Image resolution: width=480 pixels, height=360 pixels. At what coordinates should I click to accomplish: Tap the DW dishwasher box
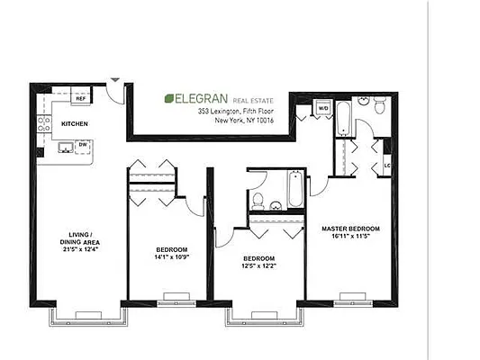[x=82, y=144]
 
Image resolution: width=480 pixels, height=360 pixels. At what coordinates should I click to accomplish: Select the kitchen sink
[x=66, y=146]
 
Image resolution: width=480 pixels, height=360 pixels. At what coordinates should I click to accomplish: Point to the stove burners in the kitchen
[x=42, y=131]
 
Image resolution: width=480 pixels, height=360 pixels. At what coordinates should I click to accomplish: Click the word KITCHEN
[x=74, y=122]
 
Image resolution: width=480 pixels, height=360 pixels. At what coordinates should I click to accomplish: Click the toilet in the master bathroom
[x=380, y=107]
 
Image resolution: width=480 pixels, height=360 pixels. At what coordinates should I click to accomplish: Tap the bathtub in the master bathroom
[x=345, y=120]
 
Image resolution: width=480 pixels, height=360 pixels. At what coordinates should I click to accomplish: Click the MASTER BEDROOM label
[x=351, y=229]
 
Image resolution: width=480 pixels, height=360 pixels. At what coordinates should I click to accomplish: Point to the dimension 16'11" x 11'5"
[x=351, y=238]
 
